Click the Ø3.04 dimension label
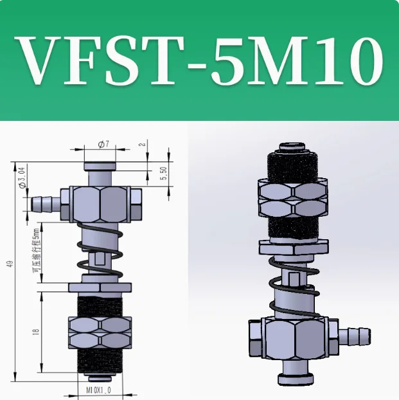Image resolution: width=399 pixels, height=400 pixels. pyautogui.click(x=24, y=177)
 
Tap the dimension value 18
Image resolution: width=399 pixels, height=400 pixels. pyautogui.click(x=37, y=332)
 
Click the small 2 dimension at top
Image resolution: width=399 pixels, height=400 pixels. pyautogui.click(x=142, y=147)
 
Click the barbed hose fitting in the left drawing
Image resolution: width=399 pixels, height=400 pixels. pyautogui.click(x=45, y=204)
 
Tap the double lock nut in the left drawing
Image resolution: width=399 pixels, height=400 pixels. pyautogui.click(x=99, y=331)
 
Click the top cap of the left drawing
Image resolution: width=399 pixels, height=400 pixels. pyautogui.click(x=100, y=169)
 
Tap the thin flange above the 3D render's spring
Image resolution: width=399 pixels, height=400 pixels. pyautogui.click(x=293, y=246)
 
